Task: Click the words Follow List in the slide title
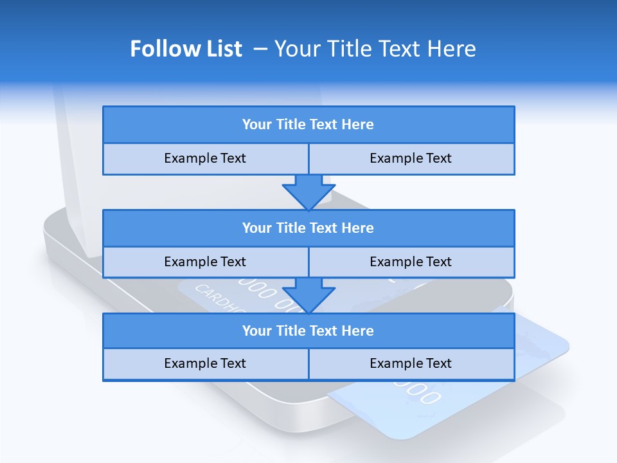pos(186,49)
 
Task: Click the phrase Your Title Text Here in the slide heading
pos(375,49)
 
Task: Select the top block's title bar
pos(308,125)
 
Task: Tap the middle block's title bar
pos(308,228)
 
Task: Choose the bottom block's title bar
pos(308,331)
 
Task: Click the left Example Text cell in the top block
pos(205,158)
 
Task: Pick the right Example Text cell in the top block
pos(411,158)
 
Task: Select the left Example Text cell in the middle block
pos(205,262)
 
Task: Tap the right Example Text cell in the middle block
pos(411,262)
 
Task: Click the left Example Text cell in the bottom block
pos(205,363)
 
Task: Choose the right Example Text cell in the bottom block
pos(411,363)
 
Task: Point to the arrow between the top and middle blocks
pos(308,192)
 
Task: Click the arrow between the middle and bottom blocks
pos(308,295)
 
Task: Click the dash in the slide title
pos(261,49)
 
